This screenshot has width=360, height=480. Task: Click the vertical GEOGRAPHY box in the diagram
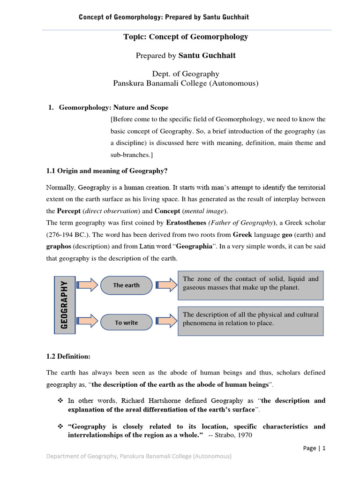pyautogui.click(x=65, y=303)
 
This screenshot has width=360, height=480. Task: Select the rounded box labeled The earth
pyautogui.click(x=126, y=285)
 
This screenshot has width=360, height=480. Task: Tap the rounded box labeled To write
pyautogui.click(x=126, y=322)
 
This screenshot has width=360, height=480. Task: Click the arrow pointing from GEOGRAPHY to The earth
pyautogui.click(x=87, y=285)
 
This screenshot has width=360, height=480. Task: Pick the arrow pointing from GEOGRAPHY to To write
pyautogui.click(x=87, y=322)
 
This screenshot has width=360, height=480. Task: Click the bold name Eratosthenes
pyautogui.click(x=186, y=223)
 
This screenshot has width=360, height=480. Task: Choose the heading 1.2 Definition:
pyautogui.click(x=68, y=356)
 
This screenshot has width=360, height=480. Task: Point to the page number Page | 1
pyautogui.click(x=314, y=448)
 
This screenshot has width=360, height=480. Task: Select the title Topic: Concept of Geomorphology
pyautogui.click(x=186, y=37)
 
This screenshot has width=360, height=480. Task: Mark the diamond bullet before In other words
pyautogui.click(x=60, y=401)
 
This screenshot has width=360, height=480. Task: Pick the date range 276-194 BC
pyautogui.click(x=65, y=235)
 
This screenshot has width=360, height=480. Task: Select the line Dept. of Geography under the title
pyautogui.click(x=186, y=74)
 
